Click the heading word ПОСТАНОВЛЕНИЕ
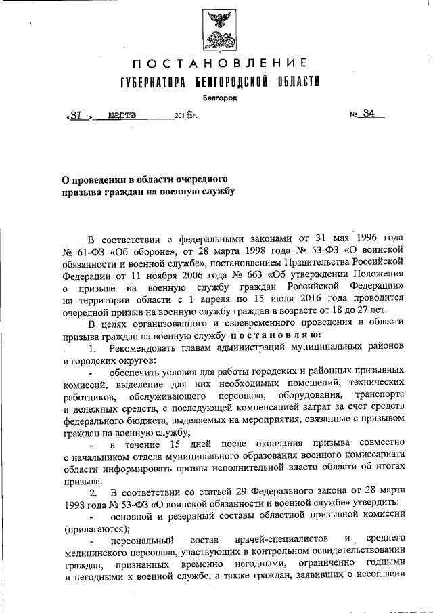[x=216, y=65]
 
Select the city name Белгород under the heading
[x=216, y=98]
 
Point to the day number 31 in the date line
[x=76, y=115]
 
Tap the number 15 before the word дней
[x=175, y=444]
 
